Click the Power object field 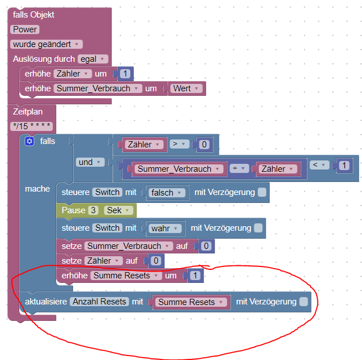(x=25, y=29)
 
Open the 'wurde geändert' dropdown (x=46, y=44)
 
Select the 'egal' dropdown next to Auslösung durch (x=93, y=59)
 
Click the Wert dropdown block (x=186, y=88)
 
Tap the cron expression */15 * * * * (x=32, y=126)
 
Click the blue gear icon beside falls (x=29, y=141)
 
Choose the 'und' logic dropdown (x=90, y=162)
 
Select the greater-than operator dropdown (x=180, y=144)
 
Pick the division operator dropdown (x=239, y=168)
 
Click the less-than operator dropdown (x=320, y=165)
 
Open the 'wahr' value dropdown (x=165, y=228)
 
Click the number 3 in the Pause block (x=93, y=210)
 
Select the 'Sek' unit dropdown (x=118, y=210)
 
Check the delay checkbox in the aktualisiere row (x=304, y=302)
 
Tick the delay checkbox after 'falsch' (x=262, y=192)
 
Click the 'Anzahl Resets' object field (x=100, y=302)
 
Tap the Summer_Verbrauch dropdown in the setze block (x=129, y=246)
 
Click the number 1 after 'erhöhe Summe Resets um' (x=195, y=276)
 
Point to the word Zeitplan (x=28, y=112)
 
